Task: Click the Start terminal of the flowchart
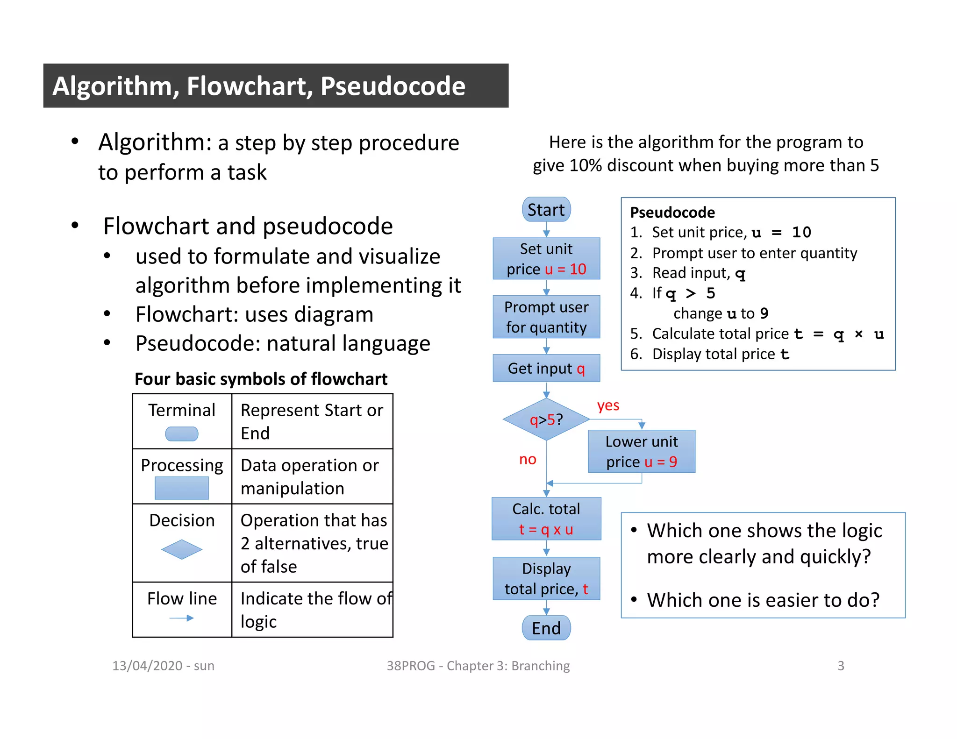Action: [546, 210]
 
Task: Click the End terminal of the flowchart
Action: [546, 628]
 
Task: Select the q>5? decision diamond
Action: [546, 419]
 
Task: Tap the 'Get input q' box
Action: [546, 369]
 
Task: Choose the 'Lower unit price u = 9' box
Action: [641, 451]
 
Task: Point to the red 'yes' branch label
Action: [607, 405]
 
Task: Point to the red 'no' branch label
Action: [528, 459]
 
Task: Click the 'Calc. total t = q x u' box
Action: [546, 519]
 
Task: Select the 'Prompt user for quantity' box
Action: [546, 317]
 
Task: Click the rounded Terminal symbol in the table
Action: [182, 434]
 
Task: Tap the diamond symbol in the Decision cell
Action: [182, 549]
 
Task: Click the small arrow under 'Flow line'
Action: [182, 618]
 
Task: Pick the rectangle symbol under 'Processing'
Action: [182, 488]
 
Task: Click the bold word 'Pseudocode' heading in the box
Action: [672, 213]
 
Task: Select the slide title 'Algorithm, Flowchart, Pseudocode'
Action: [259, 86]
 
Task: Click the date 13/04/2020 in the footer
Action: [147, 666]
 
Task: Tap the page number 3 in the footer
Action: [841, 666]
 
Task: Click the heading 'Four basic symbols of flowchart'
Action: [261, 379]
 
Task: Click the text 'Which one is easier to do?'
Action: [763, 600]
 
